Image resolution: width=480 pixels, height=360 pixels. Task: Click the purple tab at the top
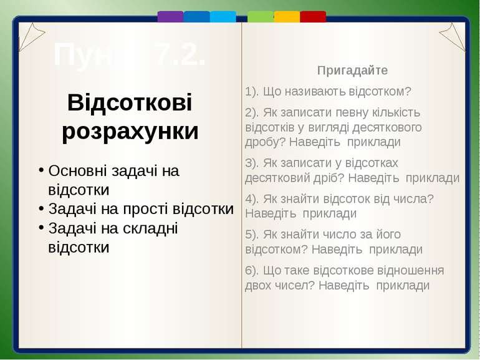[x=170, y=16]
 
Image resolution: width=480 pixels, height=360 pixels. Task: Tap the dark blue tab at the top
[x=196, y=16]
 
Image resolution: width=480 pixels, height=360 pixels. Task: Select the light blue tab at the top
[x=223, y=16]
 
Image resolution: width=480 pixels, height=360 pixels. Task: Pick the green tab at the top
[x=261, y=16]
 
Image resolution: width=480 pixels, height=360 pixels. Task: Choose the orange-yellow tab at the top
[x=287, y=16]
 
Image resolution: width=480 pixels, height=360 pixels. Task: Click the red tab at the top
[x=313, y=16]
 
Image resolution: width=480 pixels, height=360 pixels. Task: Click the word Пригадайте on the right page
[x=352, y=71]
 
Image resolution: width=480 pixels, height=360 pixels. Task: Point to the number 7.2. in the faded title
[x=180, y=56]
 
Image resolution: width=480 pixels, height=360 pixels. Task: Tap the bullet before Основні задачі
[x=41, y=171]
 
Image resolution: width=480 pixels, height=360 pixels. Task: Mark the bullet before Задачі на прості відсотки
[x=41, y=209]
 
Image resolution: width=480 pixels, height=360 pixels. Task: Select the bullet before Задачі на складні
[x=41, y=228]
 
